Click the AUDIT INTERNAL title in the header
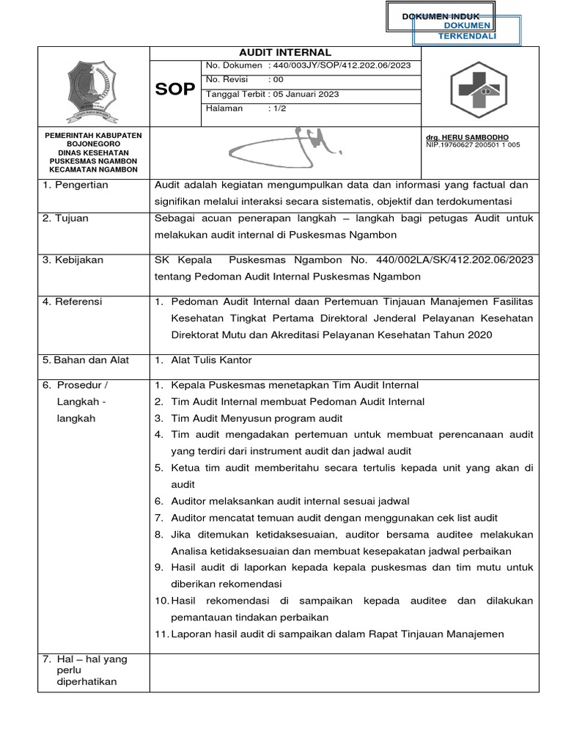[x=286, y=53]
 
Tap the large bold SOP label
[x=175, y=89]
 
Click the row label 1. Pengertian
[x=76, y=185]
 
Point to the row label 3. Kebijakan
[x=73, y=260]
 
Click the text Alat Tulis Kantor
[x=211, y=360]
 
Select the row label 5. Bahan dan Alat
[x=85, y=360]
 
